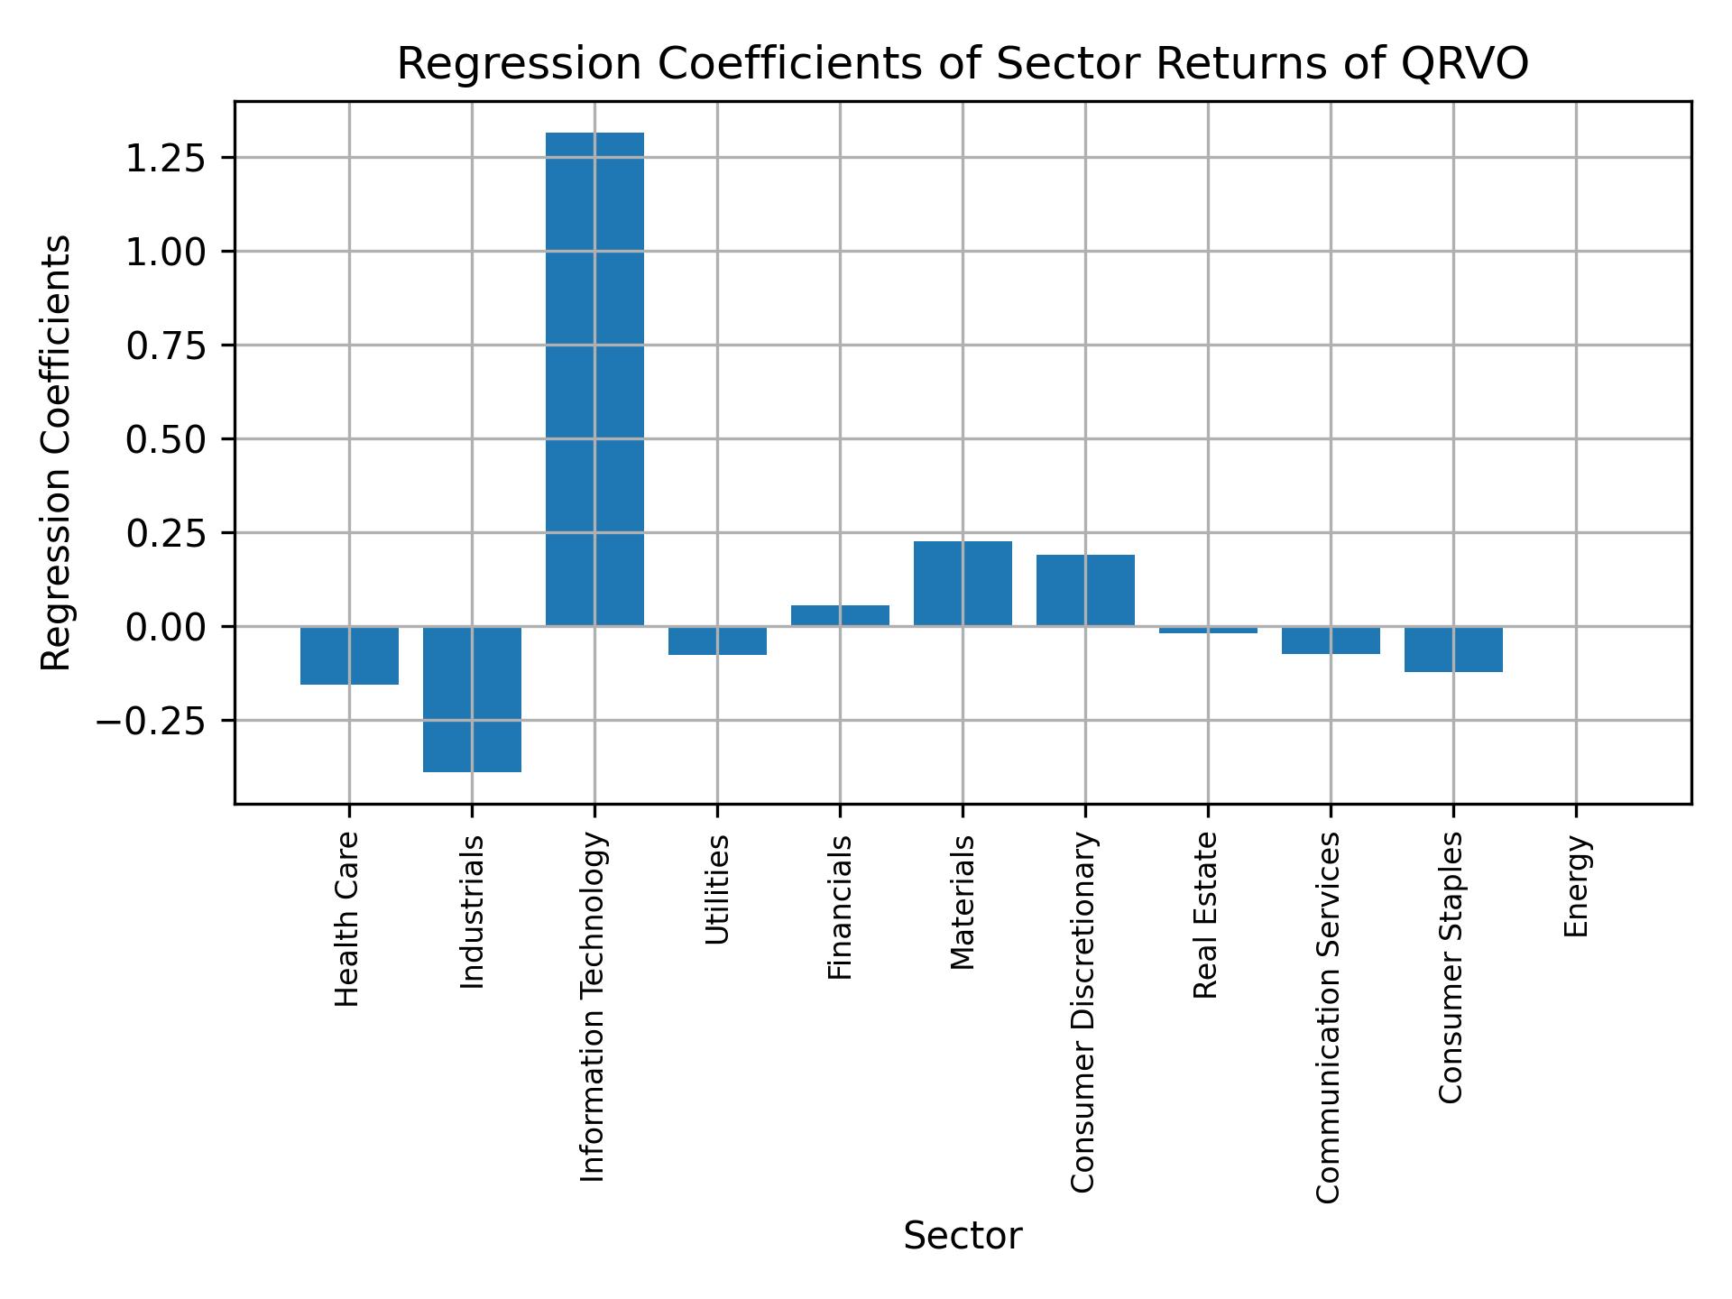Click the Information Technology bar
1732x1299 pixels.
click(x=594, y=379)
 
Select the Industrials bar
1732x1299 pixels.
click(x=472, y=699)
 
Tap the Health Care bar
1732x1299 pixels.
click(x=349, y=656)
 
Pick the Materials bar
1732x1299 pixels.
click(x=963, y=584)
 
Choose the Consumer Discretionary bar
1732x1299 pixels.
click(x=1085, y=590)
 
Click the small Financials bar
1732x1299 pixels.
click(x=840, y=615)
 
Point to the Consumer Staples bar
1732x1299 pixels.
click(x=1453, y=649)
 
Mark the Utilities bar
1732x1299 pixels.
click(x=717, y=640)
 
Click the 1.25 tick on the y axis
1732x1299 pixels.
click(x=166, y=158)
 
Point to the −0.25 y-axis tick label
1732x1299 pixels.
click(x=152, y=722)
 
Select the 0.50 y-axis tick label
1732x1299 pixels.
click(x=166, y=439)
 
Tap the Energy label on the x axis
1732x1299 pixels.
click(x=1576, y=887)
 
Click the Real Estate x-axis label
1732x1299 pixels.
click(x=1206, y=916)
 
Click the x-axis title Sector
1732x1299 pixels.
click(x=963, y=1236)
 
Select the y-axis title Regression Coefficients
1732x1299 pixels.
click(x=56, y=453)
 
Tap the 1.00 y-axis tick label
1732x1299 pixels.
click(x=166, y=252)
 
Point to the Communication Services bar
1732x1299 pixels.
click(x=1331, y=640)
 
